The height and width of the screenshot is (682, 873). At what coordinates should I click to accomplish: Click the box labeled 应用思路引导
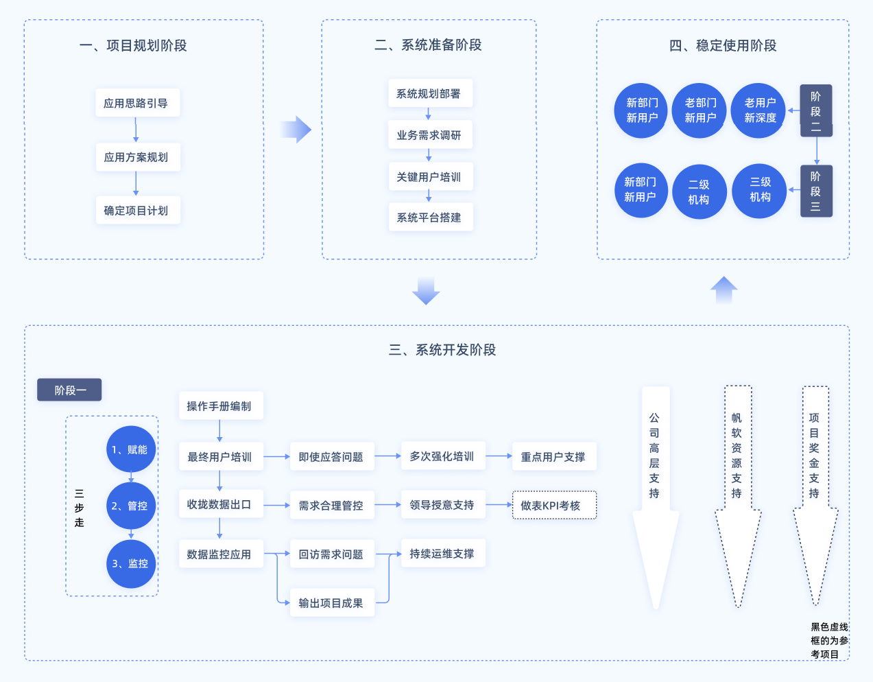click(136, 103)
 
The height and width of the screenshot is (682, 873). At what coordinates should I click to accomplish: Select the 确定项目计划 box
click(136, 211)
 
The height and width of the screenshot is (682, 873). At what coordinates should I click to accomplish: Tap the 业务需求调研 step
click(429, 135)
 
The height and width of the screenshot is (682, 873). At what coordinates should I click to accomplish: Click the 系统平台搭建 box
click(429, 217)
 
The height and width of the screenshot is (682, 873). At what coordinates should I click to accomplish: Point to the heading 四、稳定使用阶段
click(723, 46)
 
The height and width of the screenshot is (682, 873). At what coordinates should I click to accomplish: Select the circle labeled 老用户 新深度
click(760, 110)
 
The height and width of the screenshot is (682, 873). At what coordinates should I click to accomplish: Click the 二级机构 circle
click(699, 192)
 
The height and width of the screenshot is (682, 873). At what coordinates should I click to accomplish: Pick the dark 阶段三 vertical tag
click(815, 191)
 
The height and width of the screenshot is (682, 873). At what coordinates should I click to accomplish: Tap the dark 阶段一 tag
click(69, 390)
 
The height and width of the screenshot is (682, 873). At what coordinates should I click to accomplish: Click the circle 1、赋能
click(130, 449)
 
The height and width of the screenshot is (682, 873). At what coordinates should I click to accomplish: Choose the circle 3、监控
click(130, 563)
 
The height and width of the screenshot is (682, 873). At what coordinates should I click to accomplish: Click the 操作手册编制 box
click(220, 406)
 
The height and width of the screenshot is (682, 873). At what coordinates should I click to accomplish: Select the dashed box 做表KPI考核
click(554, 506)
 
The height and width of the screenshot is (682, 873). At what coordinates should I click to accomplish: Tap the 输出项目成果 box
click(332, 603)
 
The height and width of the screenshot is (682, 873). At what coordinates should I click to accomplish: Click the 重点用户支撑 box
click(554, 457)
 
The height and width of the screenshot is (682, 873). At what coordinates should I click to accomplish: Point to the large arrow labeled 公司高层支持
click(655, 494)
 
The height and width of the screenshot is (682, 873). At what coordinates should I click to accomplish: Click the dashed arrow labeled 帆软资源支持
click(737, 494)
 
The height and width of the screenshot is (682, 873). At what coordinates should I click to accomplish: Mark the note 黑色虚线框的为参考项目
click(829, 641)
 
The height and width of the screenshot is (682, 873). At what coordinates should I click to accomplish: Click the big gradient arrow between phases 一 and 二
click(296, 129)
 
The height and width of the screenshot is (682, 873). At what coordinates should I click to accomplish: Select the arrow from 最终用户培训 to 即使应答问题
click(277, 457)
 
